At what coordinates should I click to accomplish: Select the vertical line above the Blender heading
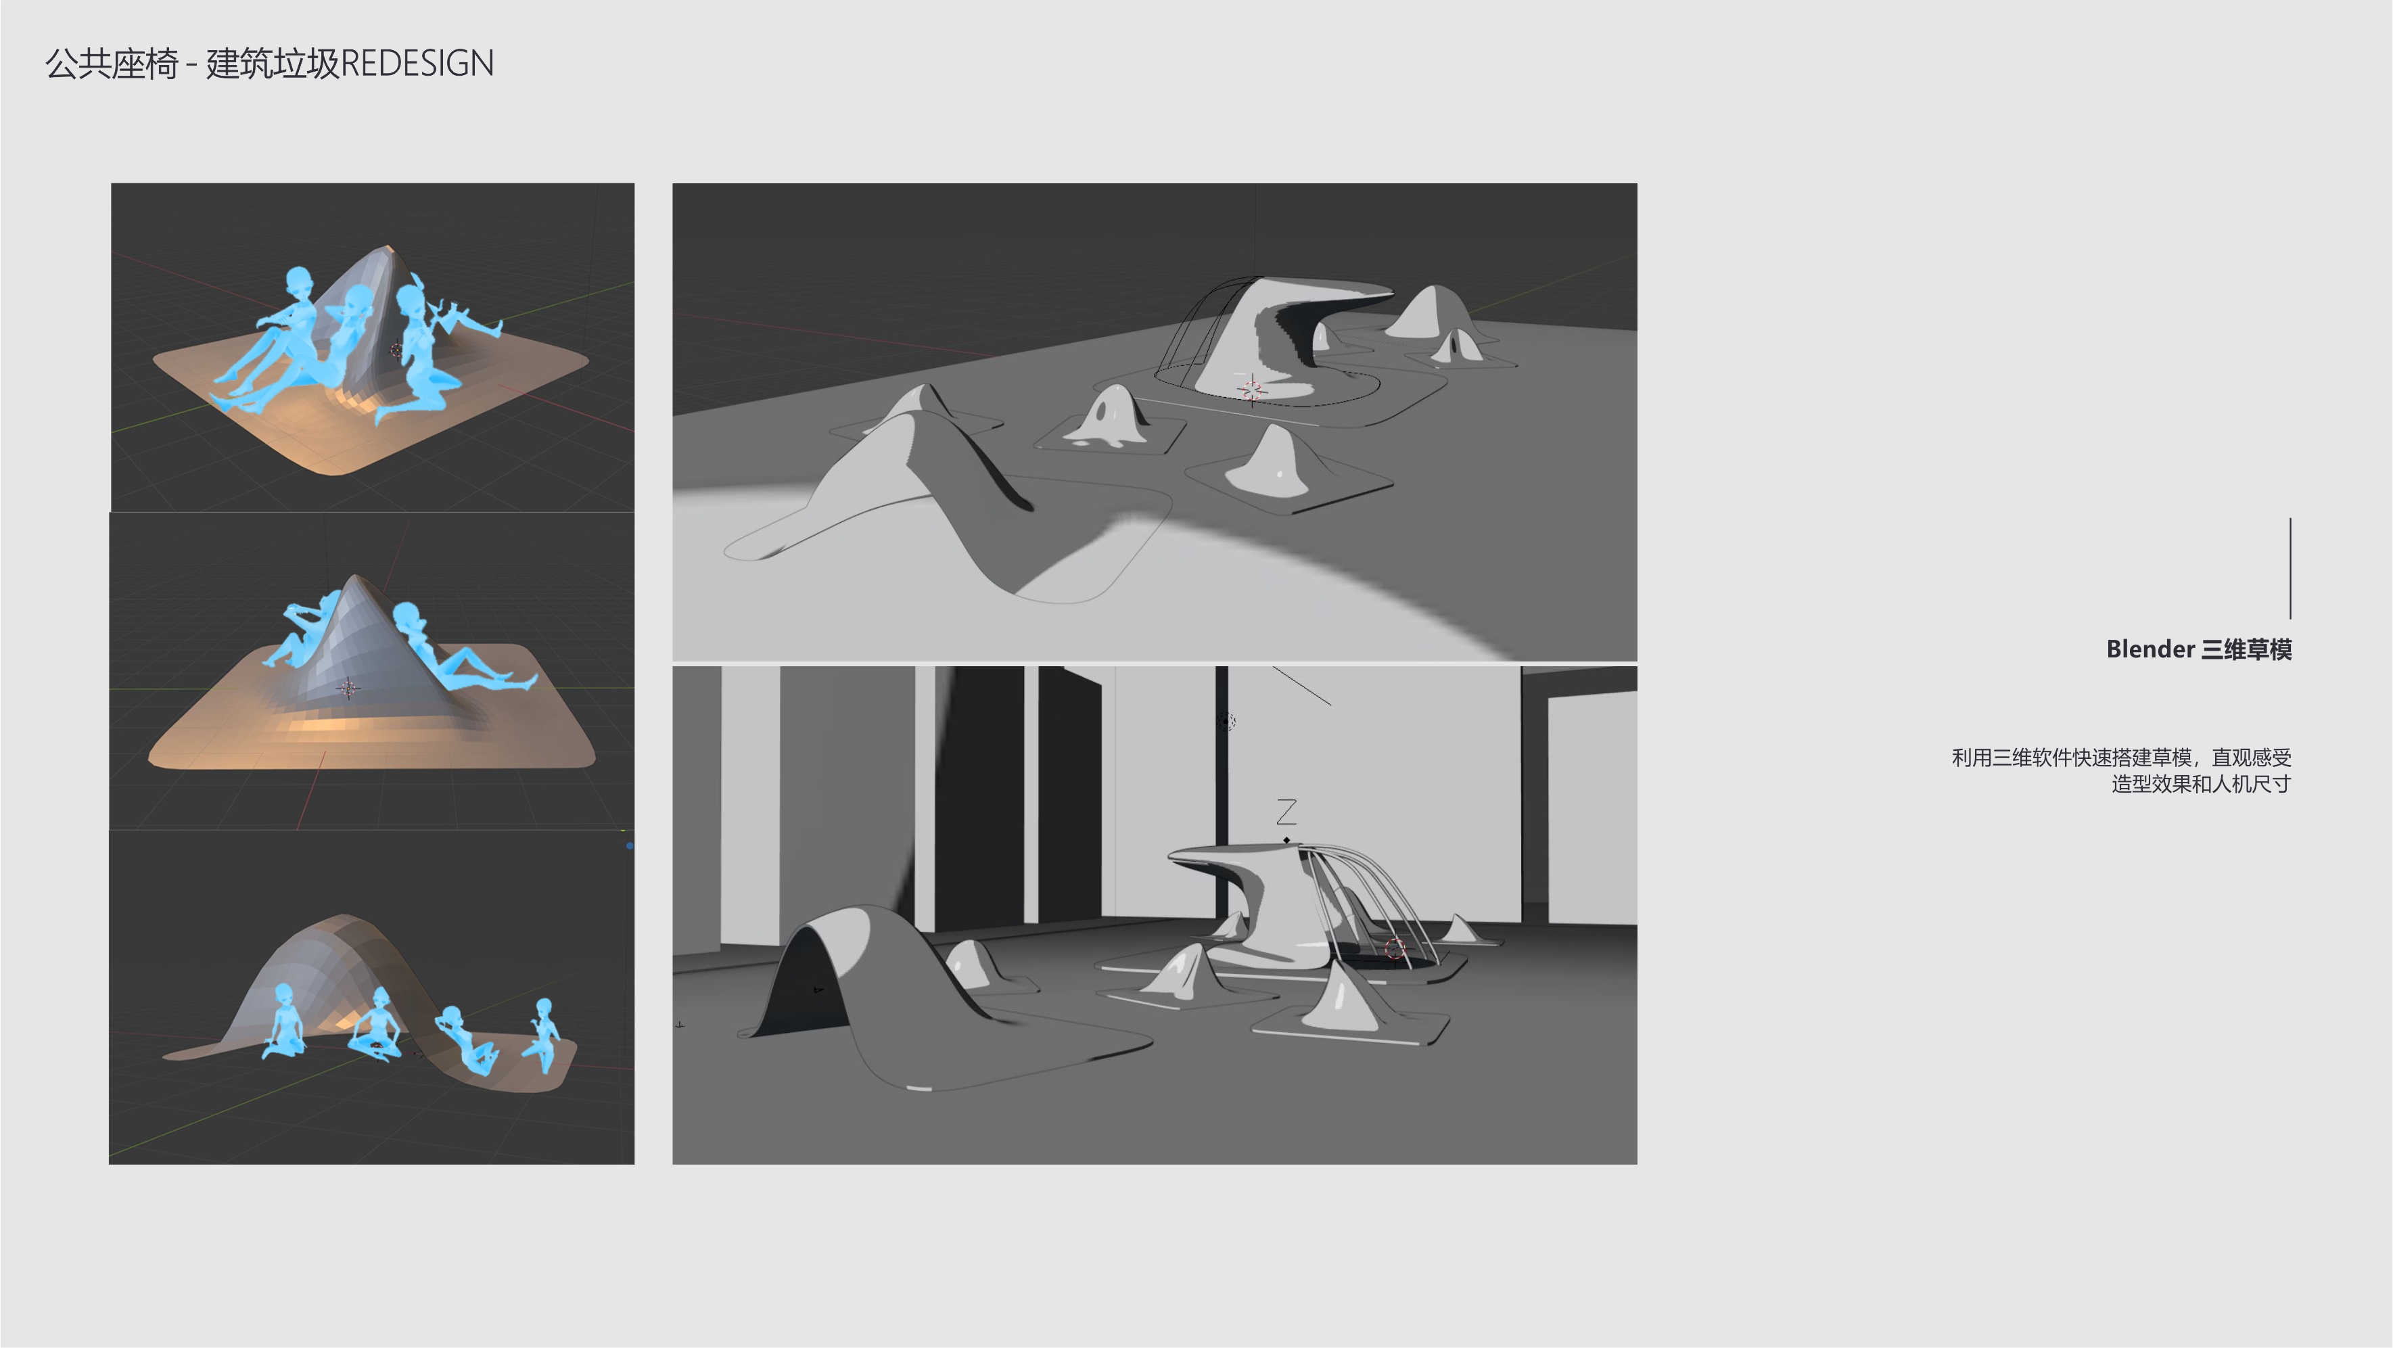point(2290,569)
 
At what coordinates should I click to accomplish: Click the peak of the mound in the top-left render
point(388,249)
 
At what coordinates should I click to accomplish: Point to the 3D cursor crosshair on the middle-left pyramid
point(348,687)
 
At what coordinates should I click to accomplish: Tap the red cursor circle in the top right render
point(1251,390)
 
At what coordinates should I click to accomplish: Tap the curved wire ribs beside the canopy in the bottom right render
point(1366,892)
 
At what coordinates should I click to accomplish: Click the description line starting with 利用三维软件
point(2121,758)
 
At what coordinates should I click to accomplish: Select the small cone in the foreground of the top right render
point(1277,460)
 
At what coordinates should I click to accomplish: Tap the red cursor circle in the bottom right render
point(1395,948)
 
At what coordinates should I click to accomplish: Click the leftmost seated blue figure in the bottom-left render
point(283,1022)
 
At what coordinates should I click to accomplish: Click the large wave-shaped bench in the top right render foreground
point(929,492)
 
